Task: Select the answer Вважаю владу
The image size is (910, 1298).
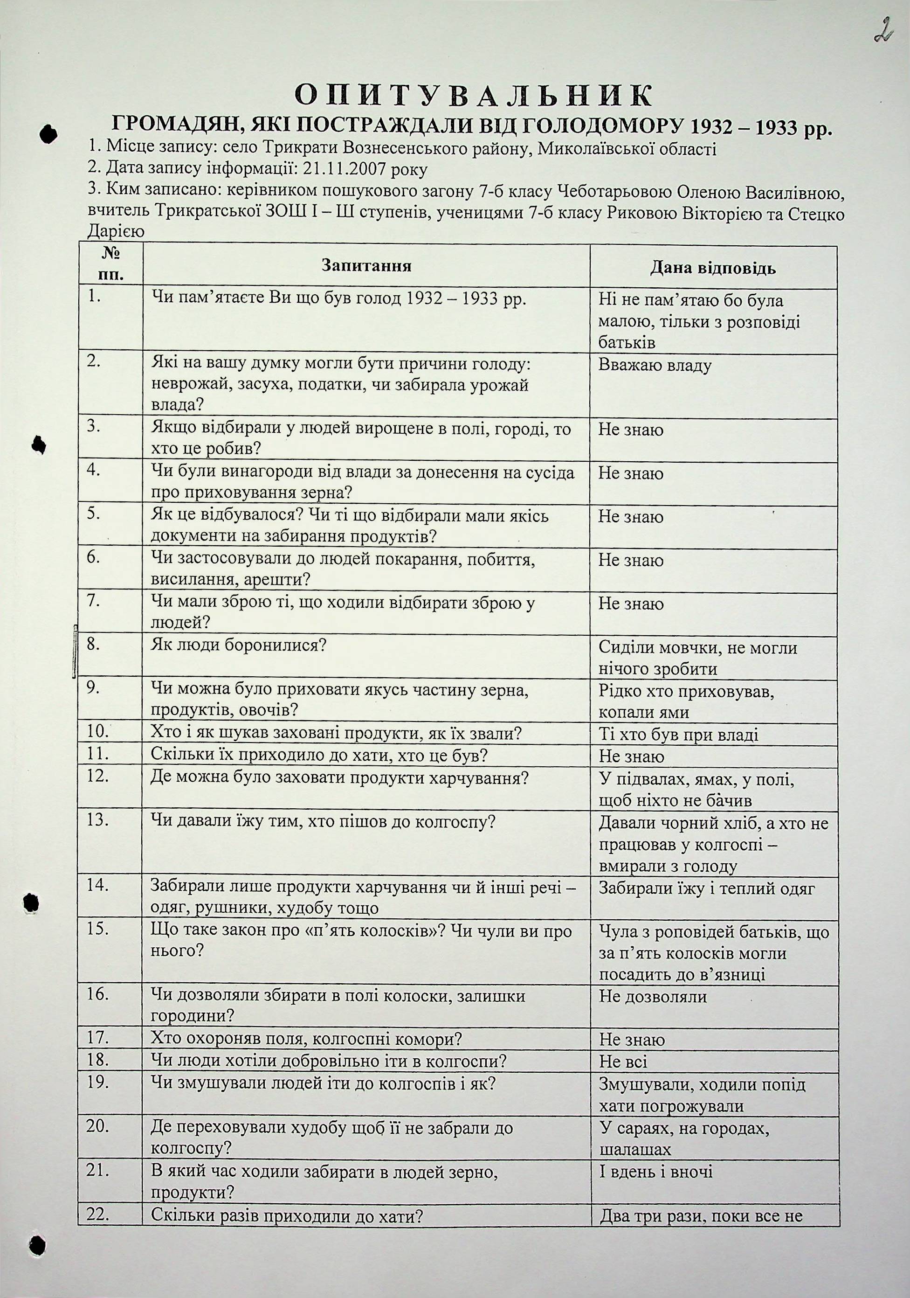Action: click(655, 365)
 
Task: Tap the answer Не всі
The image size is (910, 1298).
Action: click(623, 1062)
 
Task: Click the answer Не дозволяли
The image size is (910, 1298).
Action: click(653, 996)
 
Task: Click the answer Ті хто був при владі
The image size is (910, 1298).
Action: click(678, 735)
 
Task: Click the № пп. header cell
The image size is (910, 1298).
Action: click(111, 264)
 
